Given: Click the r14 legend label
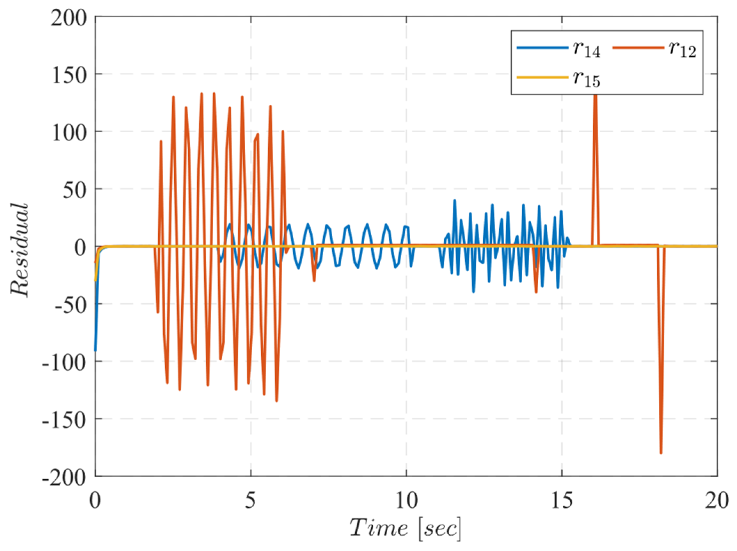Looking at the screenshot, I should tap(587, 49).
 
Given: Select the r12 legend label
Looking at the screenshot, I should tap(682, 49).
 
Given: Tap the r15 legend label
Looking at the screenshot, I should tap(587, 79).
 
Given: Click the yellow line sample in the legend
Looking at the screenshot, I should tap(542, 77).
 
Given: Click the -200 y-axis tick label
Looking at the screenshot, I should tap(64, 478).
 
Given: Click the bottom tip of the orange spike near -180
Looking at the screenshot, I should tap(661, 453).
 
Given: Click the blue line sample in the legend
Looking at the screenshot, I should tap(542, 48).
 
